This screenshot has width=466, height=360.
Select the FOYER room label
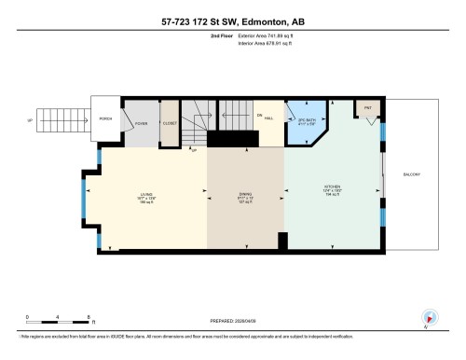pos(141,122)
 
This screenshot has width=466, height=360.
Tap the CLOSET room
pos(170,122)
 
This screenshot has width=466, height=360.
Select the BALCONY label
pos(413,174)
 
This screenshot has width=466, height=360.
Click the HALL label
pos(268,118)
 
